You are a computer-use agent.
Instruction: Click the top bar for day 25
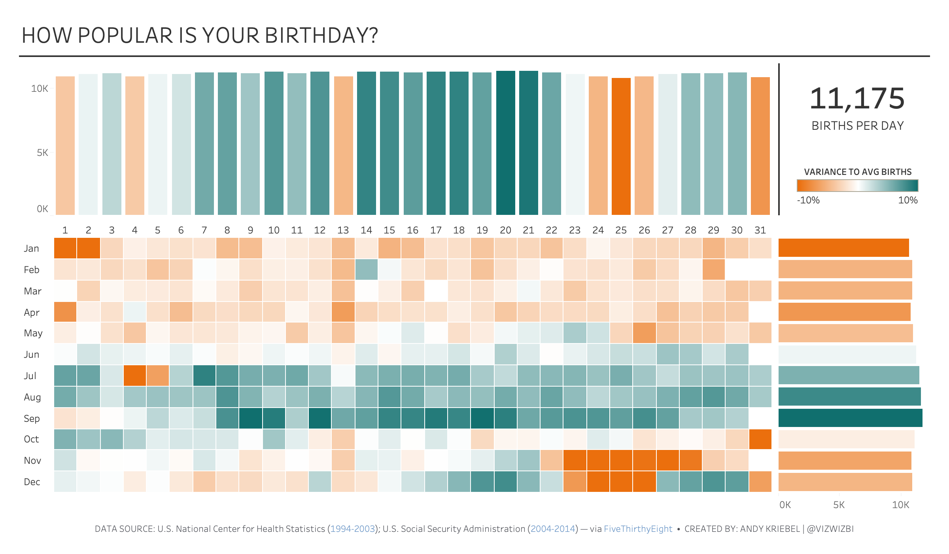pyautogui.click(x=621, y=146)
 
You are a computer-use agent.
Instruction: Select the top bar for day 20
pyautogui.click(x=506, y=142)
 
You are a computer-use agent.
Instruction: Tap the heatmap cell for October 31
pyautogui.click(x=760, y=439)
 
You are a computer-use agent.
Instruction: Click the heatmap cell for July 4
pyautogui.click(x=135, y=376)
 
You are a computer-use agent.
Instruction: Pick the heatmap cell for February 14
pyautogui.click(x=366, y=269)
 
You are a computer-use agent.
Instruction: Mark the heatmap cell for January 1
pyautogui.click(x=65, y=248)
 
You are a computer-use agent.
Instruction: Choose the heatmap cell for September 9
pyautogui.click(x=250, y=418)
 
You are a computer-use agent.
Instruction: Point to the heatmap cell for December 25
pyautogui.click(x=621, y=482)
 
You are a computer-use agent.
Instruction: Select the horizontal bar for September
pyautogui.click(x=850, y=418)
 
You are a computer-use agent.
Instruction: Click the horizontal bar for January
pyautogui.click(x=843, y=248)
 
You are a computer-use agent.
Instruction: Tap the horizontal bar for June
pyautogui.click(x=847, y=354)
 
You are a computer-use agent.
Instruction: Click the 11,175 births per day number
pyautogui.click(x=857, y=99)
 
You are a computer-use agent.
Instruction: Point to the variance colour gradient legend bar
pyautogui.click(x=857, y=186)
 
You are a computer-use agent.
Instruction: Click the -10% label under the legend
pyautogui.click(x=808, y=200)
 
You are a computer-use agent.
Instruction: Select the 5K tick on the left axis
pyautogui.click(x=42, y=153)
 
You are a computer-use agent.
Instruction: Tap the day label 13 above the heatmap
pyautogui.click(x=343, y=230)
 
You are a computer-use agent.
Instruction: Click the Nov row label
pyautogui.click(x=32, y=461)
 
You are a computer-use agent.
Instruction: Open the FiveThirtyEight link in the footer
pyautogui.click(x=638, y=529)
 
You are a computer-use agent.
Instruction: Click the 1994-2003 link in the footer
pyautogui.click(x=352, y=529)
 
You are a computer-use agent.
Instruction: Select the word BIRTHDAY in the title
pyautogui.click(x=321, y=36)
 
